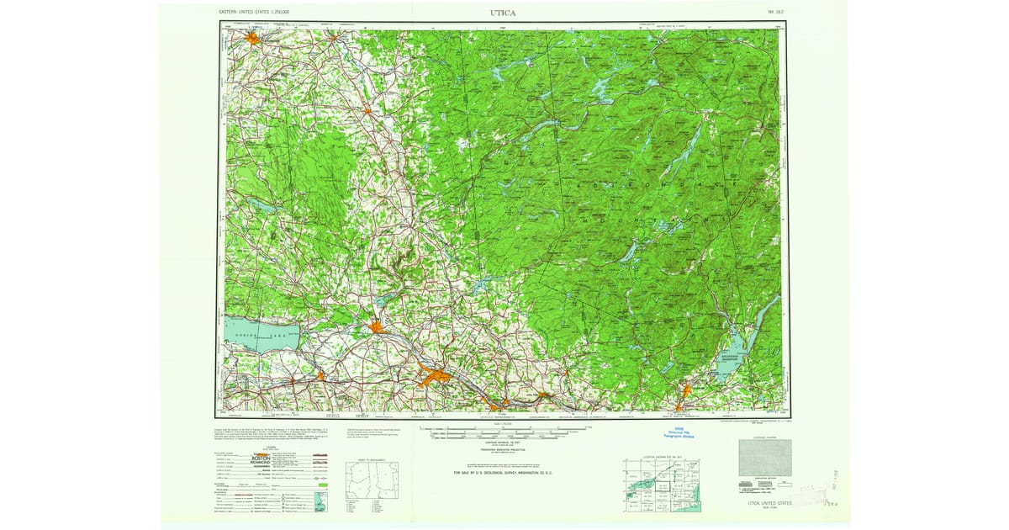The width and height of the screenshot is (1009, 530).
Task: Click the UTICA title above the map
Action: click(504, 13)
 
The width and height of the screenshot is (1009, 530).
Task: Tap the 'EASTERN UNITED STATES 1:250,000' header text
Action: click(254, 13)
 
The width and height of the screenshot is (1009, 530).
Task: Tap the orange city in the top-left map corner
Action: click(252, 36)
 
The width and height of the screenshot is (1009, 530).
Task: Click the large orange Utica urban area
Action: click(435, 376)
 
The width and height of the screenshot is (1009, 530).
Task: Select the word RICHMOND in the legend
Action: click(261, 463)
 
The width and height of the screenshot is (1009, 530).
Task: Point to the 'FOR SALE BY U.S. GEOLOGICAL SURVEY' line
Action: click(504, 474)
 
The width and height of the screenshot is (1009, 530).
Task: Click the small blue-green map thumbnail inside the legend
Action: click(320, 502)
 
